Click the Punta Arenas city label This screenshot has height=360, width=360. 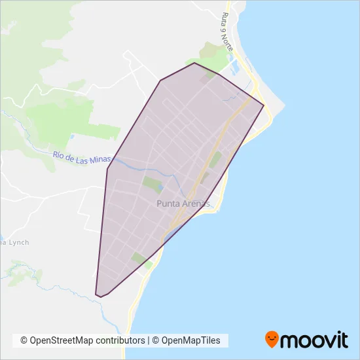click(183, 204)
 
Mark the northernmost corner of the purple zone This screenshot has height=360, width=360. click(194, 63)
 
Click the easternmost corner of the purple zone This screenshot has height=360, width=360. click(264, 106)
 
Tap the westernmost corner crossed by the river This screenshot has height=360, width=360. click(107, 169)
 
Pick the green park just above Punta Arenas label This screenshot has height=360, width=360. click(152, 184)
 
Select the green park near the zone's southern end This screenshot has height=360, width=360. click(140, 259)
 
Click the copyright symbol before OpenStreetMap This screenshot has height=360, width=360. click(24, 340)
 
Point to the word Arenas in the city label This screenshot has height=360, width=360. click(194, 204)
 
